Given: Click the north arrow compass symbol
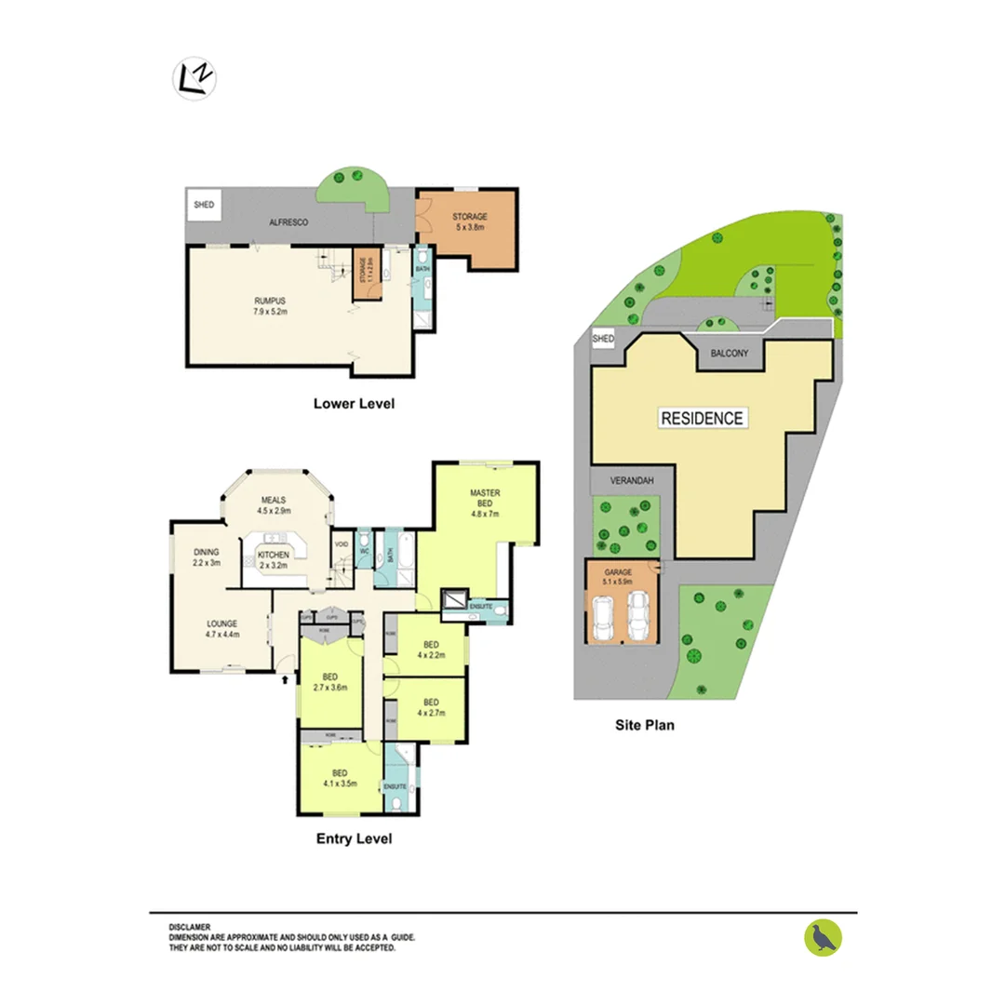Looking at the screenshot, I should [194, 79].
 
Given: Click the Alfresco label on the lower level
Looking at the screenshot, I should [288, 223].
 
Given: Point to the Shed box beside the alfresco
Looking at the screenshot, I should [203, 204].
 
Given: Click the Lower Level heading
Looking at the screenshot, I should [354, 404].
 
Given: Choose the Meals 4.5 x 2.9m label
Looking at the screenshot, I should [275, 505].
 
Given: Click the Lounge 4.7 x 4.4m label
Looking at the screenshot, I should [222, 629].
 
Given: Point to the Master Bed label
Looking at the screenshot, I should [485, 503].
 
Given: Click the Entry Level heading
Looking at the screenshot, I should [354, 839].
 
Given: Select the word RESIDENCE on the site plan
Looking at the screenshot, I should [702, 419].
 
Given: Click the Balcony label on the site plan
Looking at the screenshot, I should [730, 354].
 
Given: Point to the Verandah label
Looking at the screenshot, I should [628, 481].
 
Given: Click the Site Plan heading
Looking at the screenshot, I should [644, 724].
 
